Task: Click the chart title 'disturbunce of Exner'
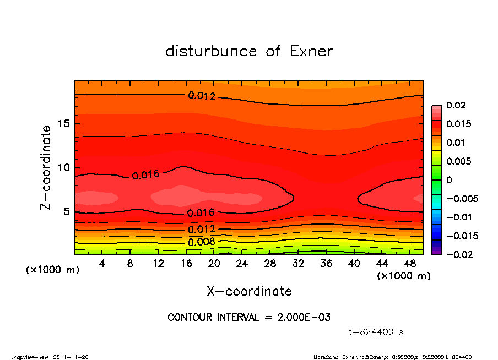(x=249, y=51)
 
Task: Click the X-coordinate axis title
(x=249, y=291)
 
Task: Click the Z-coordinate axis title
(x=46, y=167)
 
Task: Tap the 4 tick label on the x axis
(x=102, y=264)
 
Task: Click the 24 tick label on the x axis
(x=242, y=264)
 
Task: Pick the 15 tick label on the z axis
(x=64, y=124)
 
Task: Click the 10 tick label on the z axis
(x=64, y=167)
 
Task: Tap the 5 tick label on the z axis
(x=67, y=211)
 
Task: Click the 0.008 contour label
(x=201, y=242)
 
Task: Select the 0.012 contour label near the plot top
(x=202, y=96)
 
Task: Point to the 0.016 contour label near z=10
(x=145, y=175)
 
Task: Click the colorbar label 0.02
(x=456, y=105)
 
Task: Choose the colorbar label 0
(x=449, y=179)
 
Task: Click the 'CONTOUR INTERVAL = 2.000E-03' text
(x=249, y=317)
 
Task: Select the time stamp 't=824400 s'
(x=376, y=332)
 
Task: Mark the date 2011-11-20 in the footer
(x=71, y=357)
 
